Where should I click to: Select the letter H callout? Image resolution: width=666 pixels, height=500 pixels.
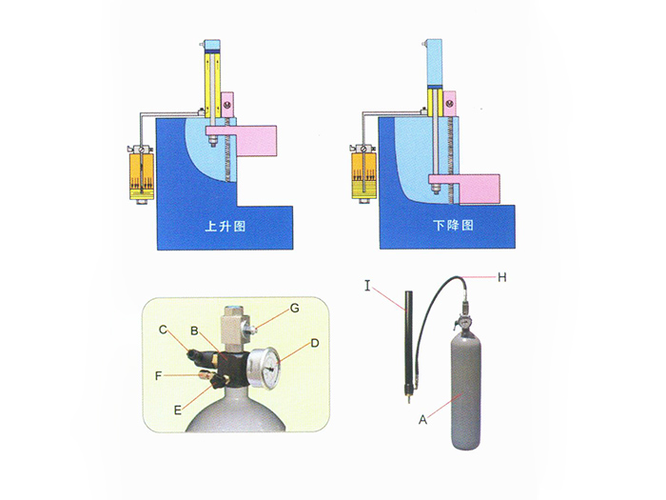504,276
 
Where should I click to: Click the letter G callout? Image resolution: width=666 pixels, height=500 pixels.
295,308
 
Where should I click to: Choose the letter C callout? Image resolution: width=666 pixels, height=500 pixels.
163,330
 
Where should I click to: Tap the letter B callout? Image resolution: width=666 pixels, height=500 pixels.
193,331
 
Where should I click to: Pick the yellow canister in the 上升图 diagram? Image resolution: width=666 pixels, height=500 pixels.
140,174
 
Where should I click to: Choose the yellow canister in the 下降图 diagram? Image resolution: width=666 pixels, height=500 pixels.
362,175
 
